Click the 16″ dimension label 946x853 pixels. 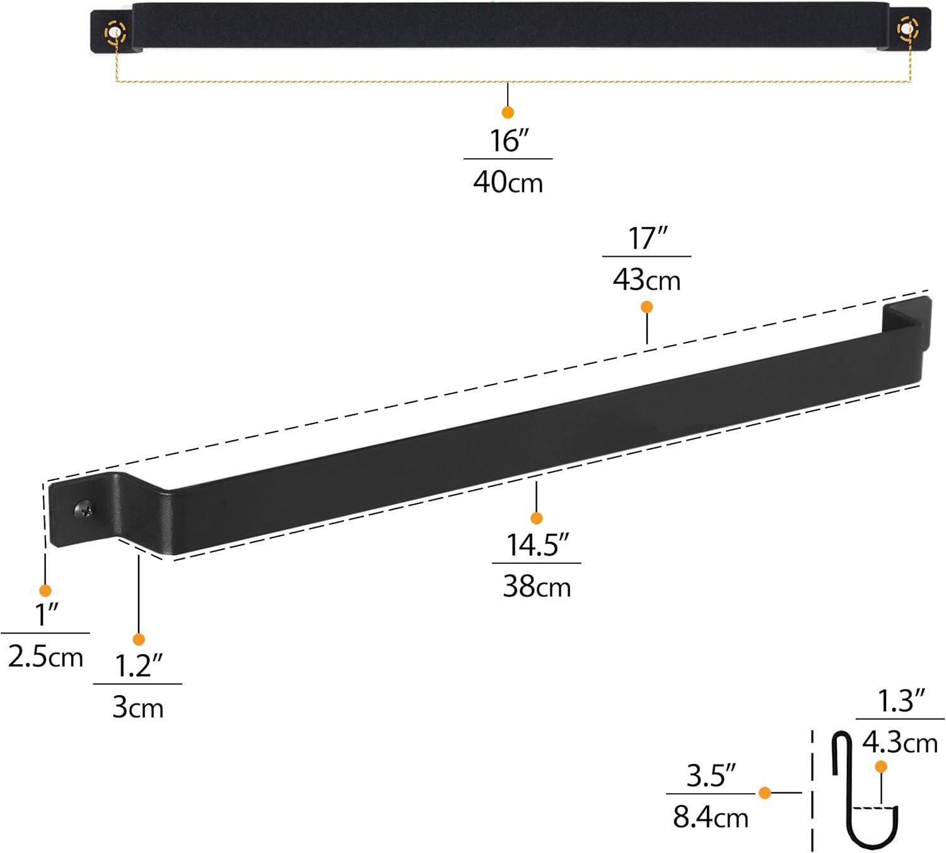coord(508,140)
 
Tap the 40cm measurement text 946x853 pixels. coord(508,182)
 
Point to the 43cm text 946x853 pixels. coord(646,280)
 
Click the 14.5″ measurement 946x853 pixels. coord(537,545)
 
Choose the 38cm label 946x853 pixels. coord(537,587)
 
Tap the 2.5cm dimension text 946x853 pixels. coord(45,657)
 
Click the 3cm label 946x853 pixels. coord(138,708)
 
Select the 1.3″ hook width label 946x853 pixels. coord(900,701)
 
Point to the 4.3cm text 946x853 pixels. coord(900,743)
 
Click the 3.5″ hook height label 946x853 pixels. coord(711,775)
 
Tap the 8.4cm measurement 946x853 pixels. coord(711,818)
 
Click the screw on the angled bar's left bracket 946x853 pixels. coord(83,509)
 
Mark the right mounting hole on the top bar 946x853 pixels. coord(908,28)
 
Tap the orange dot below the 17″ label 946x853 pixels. coord(646,307)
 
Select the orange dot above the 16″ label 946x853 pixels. coord(508,112)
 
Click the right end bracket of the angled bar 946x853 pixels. coord(907,323)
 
